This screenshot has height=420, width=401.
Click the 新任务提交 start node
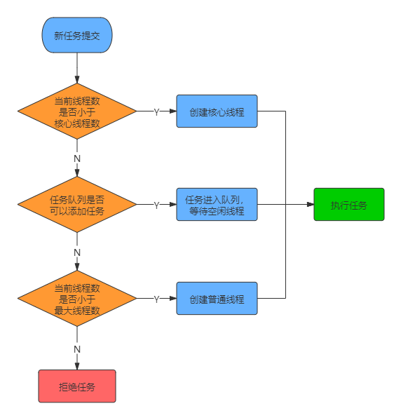(x=77, y=36)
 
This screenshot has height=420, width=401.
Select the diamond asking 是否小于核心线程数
(x=77, y=112)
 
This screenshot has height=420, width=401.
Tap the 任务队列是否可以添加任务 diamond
(x=77, y=205)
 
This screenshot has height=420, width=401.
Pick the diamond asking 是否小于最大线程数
(x=77, y=299)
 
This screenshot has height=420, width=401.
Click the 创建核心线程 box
(x=217, y=111)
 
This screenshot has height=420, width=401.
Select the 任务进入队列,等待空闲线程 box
(x=217, y=205)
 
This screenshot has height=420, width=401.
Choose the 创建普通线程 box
(x=217, y=299)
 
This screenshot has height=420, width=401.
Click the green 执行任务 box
(x=348, y=205)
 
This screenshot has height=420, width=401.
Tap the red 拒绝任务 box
(x=77, y=386)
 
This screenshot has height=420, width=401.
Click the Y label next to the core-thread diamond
(x=156, y=112)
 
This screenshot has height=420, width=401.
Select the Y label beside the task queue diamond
(x=156, y=205)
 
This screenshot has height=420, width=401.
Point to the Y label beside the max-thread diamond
(x=156, y=299)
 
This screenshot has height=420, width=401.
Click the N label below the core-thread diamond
(x=77, y=158)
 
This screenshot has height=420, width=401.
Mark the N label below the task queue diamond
(x=77, y=251)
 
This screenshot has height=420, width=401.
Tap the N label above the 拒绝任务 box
(x=77, y=348)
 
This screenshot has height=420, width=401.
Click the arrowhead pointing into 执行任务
(x=309, y=205)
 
